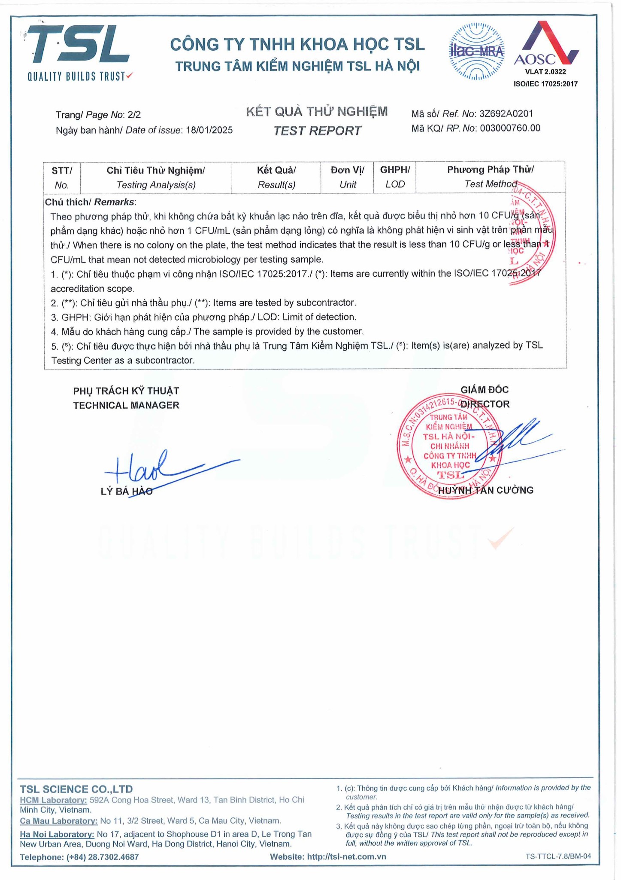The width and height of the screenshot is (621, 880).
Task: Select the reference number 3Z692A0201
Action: point(506,114)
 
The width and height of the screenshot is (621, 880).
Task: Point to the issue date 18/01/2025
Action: point(209,130)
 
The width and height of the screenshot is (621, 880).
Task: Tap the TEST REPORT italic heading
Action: point(317,131)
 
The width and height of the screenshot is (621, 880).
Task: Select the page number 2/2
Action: point(134,115)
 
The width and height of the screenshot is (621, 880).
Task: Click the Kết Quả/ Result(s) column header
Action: point(276,177)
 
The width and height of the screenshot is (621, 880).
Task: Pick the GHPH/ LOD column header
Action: point(395,177)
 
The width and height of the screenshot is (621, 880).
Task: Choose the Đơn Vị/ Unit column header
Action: point(347,177)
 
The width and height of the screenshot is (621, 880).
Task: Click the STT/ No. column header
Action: point(62,177)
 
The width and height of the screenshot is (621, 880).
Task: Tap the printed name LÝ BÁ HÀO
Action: point(127,492)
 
